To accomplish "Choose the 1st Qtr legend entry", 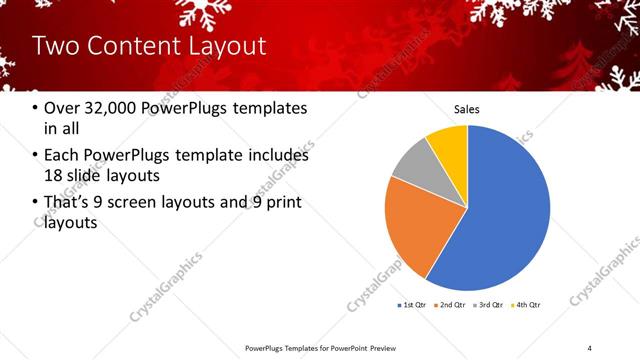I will pos(412,304).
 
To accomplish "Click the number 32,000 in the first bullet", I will pos(107,108).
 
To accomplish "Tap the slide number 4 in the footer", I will pos(590,348).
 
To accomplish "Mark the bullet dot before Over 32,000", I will pos(36,108).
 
